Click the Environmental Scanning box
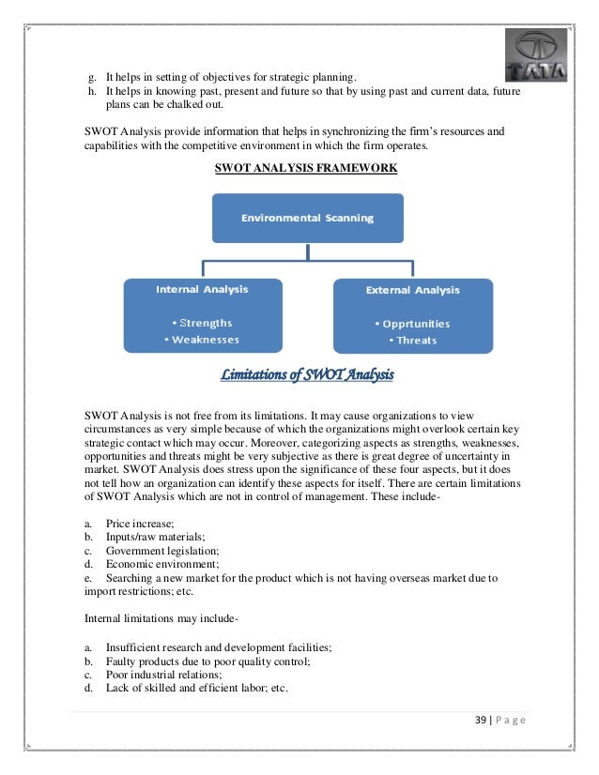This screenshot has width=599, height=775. pos(307,218)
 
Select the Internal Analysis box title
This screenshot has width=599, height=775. pos(202,290)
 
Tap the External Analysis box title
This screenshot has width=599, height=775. pos(412,291)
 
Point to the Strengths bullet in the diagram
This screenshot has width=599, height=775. pos(202,323)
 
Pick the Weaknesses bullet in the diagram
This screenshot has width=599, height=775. pos(202,340)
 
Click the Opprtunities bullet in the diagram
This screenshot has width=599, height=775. pos(412,324)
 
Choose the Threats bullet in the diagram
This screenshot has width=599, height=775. pos(412,341)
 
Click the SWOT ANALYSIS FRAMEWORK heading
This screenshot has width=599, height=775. pos(306,168)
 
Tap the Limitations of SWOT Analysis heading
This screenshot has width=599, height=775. pos(307,377)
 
